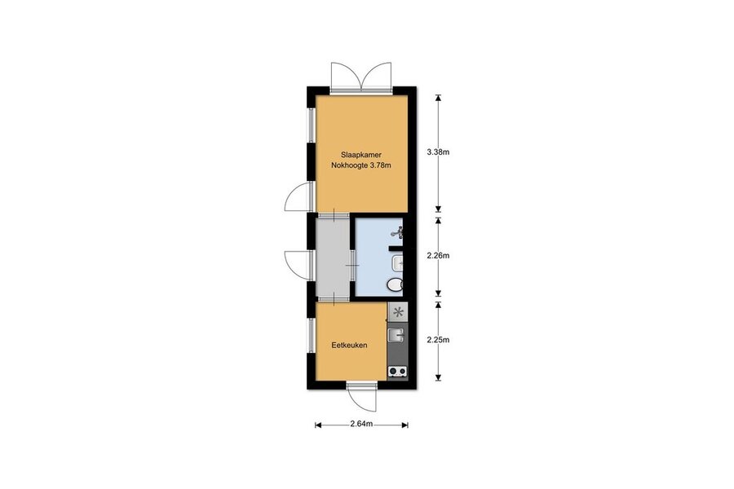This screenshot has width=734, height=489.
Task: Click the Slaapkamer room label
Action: tap(361, 155)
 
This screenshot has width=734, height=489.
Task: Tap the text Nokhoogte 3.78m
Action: tap(361, 165)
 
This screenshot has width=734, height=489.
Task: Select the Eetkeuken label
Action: tap(349, 346)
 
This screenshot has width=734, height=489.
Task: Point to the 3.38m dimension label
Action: tap(438, 152)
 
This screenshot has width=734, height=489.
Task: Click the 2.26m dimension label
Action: tap(438, 255)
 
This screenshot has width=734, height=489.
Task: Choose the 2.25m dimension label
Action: tap(438, 340)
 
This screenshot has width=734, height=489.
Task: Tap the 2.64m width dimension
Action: tap(361, 424)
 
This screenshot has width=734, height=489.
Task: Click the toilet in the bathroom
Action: tap(395, 284)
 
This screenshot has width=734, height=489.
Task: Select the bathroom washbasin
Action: tap(397, 263)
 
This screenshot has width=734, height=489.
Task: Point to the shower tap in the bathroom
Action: tap(398, 232)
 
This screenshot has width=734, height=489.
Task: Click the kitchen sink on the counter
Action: tap(396, 335)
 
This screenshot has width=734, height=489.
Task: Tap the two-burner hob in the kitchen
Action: tap(397, 372)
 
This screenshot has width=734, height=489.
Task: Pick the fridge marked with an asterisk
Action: tap(398, 311)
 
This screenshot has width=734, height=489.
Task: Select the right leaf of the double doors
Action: tap(377, 75)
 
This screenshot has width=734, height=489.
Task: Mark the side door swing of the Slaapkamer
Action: tap(297, 196)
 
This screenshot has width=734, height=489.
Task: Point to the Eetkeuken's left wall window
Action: tap(312, 336)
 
